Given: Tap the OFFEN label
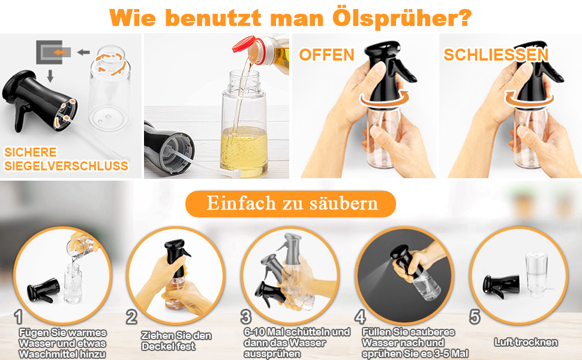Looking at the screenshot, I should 327,55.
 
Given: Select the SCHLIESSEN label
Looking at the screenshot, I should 496,55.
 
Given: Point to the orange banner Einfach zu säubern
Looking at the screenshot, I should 290,203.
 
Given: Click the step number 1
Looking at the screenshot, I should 19,316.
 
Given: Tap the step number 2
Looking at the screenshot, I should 131,317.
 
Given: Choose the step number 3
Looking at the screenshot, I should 245,316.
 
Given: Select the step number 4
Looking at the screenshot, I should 360,316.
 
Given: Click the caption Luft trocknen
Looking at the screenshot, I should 526,343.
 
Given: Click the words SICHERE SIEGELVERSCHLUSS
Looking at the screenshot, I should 66,159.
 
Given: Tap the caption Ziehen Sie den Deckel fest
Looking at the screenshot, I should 176,341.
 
